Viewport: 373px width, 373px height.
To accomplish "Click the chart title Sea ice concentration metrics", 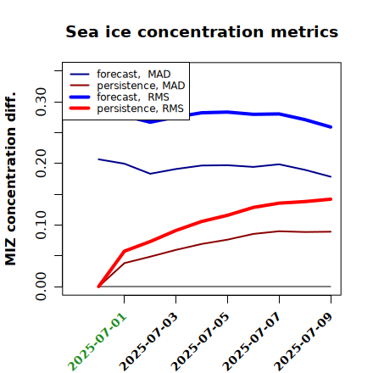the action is point(202,32).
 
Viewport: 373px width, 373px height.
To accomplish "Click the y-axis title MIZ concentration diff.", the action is point(10,179).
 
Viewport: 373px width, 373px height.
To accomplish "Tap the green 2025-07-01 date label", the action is point(97,342).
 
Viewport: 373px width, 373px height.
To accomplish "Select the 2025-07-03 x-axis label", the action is point(149,342).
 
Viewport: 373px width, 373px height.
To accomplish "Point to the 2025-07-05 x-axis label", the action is point(201,342).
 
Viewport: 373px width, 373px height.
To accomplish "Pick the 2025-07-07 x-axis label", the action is point(253,342).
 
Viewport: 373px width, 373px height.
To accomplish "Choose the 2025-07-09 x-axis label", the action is point(304,342).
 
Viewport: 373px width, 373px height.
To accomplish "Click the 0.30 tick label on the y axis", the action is point(41,102).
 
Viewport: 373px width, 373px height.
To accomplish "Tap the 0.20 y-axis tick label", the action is point(41,164).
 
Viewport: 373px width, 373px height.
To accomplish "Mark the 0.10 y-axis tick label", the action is point(41,225).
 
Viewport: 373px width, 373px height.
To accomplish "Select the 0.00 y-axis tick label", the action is point(41,287).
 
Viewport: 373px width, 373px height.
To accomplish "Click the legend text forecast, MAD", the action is point(134,75).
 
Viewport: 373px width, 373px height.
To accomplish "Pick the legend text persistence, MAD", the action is point(141,86).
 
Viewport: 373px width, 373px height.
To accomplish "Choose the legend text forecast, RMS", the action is point(133,97).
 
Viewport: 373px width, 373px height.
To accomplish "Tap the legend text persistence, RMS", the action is point(141,109).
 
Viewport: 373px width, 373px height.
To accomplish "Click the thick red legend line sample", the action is point(80,109).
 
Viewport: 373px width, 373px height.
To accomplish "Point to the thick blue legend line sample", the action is point(80,97).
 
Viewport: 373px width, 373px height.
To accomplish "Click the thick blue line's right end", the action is point(331,127).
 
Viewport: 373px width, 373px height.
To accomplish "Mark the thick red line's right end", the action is point(331,199).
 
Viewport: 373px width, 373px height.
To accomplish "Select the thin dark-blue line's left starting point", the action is point(98,159).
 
